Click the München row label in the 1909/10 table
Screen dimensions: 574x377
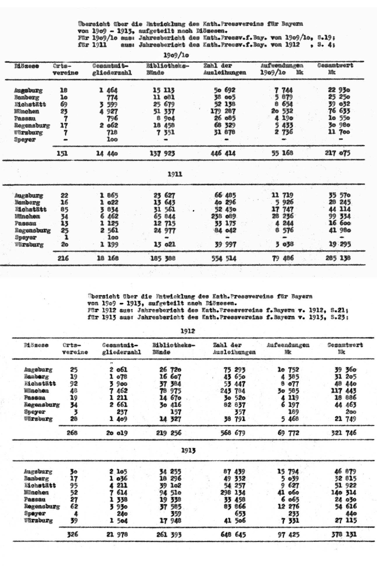coord(27,111)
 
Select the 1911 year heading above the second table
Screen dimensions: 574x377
coord(175,174)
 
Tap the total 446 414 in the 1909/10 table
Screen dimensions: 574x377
coord(223,153)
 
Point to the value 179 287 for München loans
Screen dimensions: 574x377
coord(223,111)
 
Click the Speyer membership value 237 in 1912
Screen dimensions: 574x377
coord(122,412)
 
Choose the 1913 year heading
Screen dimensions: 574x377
coord(188,450)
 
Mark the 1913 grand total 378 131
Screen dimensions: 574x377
coord(344,534)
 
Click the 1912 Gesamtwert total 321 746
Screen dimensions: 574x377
coord(344,433)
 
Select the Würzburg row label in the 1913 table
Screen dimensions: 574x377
coord(38,520)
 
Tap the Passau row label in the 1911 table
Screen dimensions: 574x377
coord(26,223)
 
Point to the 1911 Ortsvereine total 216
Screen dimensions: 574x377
coord(63,258)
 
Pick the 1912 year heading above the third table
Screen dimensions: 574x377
coord(188,331)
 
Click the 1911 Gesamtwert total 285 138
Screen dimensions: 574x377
coord(338,258)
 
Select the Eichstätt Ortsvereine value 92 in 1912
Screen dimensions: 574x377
coord(74,384)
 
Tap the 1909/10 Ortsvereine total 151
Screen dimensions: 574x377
coord(62,153)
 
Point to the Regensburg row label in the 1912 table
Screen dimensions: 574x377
coord(42,405)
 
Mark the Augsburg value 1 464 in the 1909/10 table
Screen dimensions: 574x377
coord(108,90)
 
